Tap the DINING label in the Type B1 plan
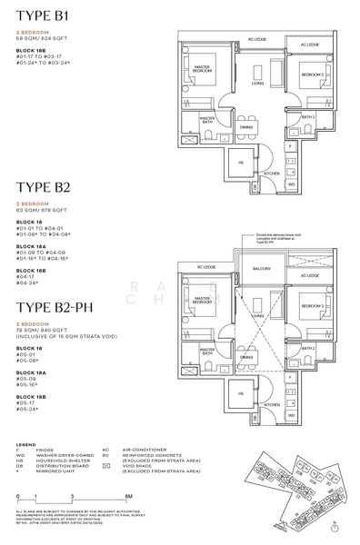click(246, 127)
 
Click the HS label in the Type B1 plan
click(215, 163)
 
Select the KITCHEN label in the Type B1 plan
click(245, 173)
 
